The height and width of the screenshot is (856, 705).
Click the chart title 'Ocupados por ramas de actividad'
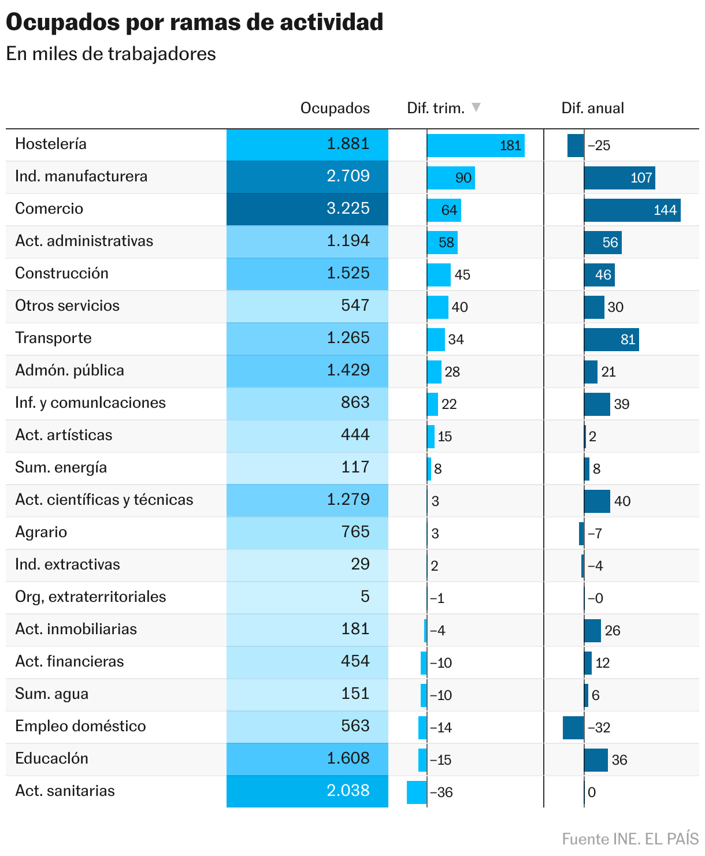pos(194,23)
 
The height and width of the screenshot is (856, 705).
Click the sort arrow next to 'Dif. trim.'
pos(476,107)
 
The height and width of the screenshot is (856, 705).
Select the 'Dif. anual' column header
pos(592,108)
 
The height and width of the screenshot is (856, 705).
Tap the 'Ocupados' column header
pos(335,108)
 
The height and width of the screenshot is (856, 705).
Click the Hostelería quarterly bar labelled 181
pos(476,146)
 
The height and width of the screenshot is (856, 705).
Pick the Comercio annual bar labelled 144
pos(632,210)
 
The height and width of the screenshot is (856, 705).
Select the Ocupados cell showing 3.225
pos(307,209)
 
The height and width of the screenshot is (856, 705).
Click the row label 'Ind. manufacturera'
pos(81,176)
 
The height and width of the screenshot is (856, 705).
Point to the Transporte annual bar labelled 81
pos(611,340)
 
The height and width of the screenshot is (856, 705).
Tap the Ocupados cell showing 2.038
pos(307,791)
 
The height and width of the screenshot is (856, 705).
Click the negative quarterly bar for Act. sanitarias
pos(417,792)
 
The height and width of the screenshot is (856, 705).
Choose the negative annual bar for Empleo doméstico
pos(573,728)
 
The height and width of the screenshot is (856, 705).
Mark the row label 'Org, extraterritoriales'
pos(91,597)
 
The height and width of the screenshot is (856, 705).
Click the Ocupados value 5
pos(365,597)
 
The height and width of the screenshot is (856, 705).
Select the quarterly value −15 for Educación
pos(441,760)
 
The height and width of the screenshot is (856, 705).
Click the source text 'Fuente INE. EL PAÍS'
pos(630,839)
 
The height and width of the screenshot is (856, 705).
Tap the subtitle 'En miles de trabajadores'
pos(111,54)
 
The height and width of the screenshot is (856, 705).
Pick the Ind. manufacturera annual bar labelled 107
pos(619,178)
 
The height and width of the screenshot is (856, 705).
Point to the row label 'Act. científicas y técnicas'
pos(105,500)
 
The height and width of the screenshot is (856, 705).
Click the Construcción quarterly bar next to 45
pos(439,275)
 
